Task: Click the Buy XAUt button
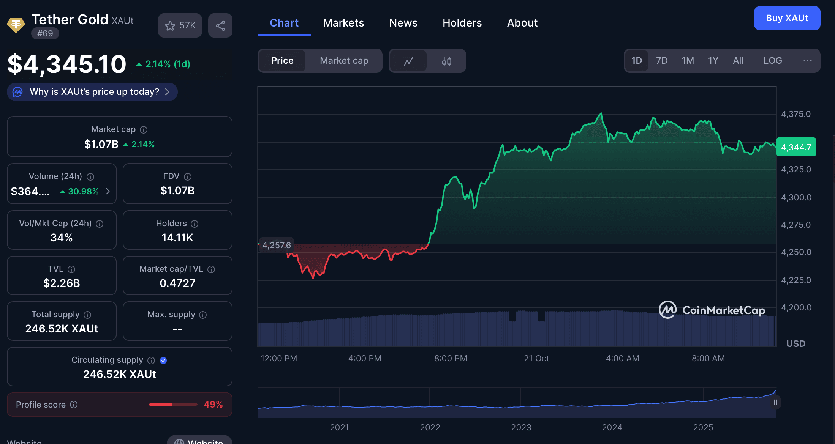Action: pos(787,18)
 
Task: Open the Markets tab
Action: pos(343,23)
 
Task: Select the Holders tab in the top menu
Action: pos(462,23)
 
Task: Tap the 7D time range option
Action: pos(661,61)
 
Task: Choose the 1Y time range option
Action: pos(713,61)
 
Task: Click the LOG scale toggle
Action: pos(772,61)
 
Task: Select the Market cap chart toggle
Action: pos(344,61)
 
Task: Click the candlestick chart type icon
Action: pos(446,61)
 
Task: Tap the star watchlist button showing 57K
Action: pos(180,25)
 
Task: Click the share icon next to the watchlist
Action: pos(220,25)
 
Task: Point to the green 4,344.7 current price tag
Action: pos(796,147)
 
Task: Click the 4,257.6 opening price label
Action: pos(276,245)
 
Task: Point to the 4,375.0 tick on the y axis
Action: pos(795,114)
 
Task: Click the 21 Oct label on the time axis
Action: pos(536,358)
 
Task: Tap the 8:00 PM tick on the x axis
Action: pos(451,358)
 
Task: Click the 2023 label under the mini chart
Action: pos(521,427)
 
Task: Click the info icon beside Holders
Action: pos(195,224)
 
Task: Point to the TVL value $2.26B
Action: pos(62,283)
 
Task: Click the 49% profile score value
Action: pos(213,405)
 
